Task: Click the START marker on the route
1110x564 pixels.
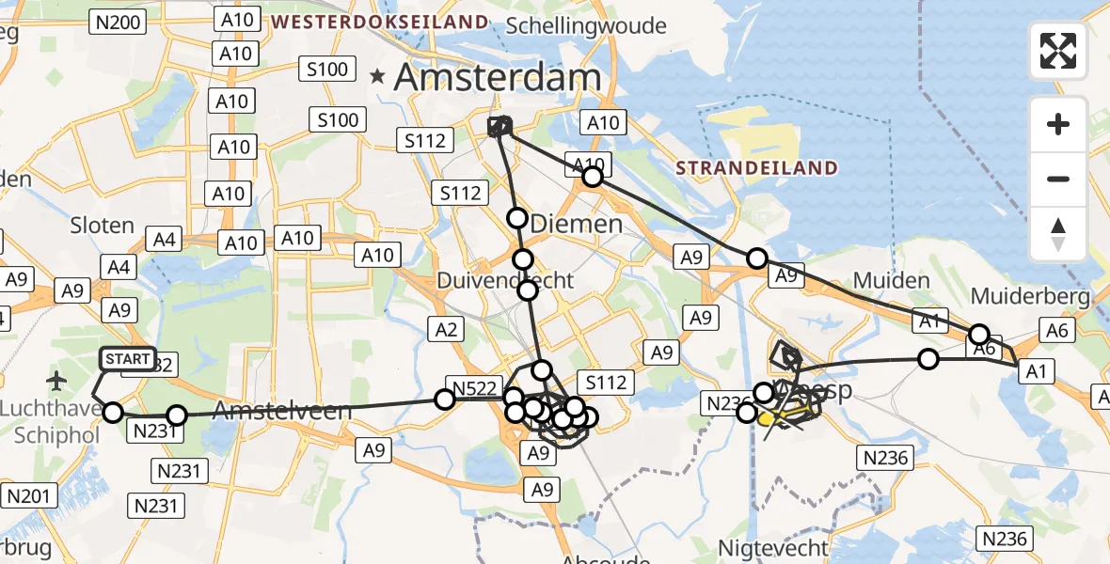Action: [x=127, y=359]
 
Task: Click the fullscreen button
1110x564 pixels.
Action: [x=1058, y=51]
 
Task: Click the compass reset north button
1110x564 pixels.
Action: [x=1058, y=234]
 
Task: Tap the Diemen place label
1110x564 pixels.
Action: [x=577, y=224]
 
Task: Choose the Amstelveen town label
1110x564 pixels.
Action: [x=281, y=410]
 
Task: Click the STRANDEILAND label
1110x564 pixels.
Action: [x=756, y=168]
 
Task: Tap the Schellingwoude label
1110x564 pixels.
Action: [x=586, y=25]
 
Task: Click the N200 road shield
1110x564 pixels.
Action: [x=118, y=22]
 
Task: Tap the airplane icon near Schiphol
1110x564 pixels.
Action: [x=57, y=382]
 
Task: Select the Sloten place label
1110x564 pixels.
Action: [x=102, y=226]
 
